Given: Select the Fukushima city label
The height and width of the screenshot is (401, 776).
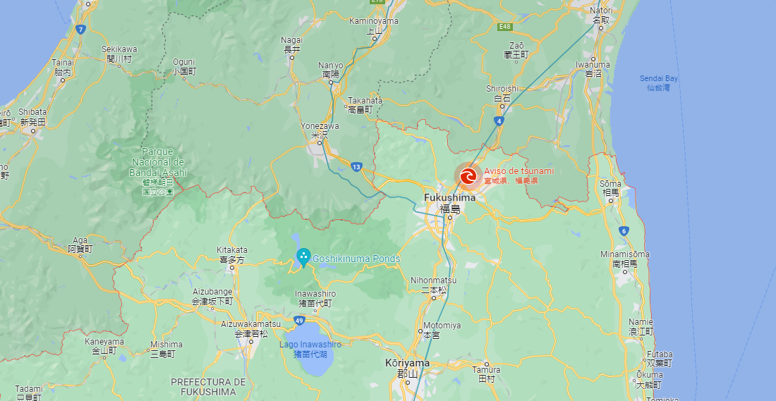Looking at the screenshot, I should pyautogui.click(x=449, y=198).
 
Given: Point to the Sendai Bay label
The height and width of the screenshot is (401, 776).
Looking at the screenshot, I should pyautogui.click(x=659, y=78).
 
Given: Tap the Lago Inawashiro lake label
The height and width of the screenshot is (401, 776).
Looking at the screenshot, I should pyautogui.click(x=310, y=345).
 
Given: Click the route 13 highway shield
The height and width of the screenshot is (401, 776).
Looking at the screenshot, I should pyautogui.click(x=356, y=167).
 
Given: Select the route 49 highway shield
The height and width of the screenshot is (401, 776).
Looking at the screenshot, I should pyautogui.click(x=299, y=321).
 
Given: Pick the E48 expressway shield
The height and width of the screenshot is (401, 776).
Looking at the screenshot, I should pyautogui.click(x=504, y=27).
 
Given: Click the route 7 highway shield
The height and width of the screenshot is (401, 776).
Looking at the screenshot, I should pyautogui.click(x=81, y=30).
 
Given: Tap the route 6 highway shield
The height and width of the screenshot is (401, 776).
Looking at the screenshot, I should pyautogui.click(x=624, y=230).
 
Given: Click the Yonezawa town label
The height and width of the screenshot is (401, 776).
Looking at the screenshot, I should pyautogui.click(x=320, y=126).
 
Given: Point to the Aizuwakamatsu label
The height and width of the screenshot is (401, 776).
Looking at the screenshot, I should pyautogui.click(x=250, y=324).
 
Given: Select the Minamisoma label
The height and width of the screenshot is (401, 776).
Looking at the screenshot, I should pyautogui.click(x=625, y=254).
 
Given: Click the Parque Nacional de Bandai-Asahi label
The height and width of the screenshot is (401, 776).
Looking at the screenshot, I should pyautogui.click(x=158, y=161).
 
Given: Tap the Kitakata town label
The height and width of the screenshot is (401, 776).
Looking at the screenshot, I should pyautogui.click(x=232, y=250).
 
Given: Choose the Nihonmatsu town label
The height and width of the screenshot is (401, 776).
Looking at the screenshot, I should pyautogui.click(x=433, y=280).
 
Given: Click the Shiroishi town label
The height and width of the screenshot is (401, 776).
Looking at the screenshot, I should pyautogui.click(x=502, y=89).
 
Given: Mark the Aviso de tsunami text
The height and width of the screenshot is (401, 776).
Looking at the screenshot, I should pyautogui.click(x=519, y=171).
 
